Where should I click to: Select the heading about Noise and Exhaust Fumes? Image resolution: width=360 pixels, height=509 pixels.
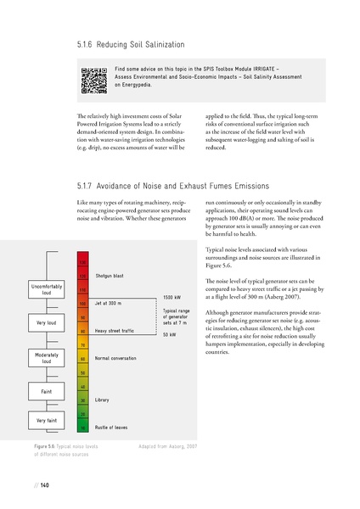tap(172, 186)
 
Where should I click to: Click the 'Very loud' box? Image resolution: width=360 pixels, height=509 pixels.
tap(41, 324)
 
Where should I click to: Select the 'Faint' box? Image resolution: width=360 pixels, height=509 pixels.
tap(41, 391)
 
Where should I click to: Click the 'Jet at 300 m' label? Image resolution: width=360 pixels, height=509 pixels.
tap(110, 303)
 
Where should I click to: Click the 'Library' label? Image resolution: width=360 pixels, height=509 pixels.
tap(104, 399)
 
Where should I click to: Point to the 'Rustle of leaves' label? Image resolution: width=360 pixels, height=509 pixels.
tap(112, 427)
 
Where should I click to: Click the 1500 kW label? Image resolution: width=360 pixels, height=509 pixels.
tap(172, 298)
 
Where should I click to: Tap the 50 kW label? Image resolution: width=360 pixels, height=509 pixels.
tap(170, 335)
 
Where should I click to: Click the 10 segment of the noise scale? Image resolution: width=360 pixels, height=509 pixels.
tap(83, 427)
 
